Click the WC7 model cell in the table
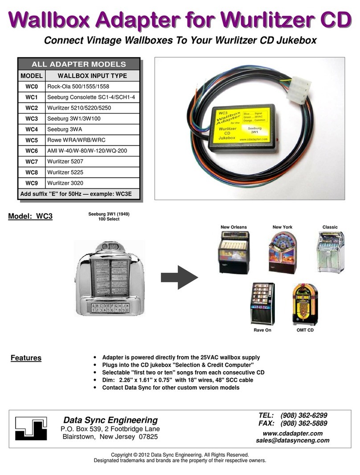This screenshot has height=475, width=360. click(31, 161)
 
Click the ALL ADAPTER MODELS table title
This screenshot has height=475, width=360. click(78, 64)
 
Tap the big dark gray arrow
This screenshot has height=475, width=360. click(179, 278)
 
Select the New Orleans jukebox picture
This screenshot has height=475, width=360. click(233, 252)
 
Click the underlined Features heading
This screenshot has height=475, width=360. click(26, 358)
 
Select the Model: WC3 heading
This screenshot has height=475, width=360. click(31, 217)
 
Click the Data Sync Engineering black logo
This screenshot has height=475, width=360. click(31, 428)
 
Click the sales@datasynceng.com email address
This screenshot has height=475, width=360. click(292, 440)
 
